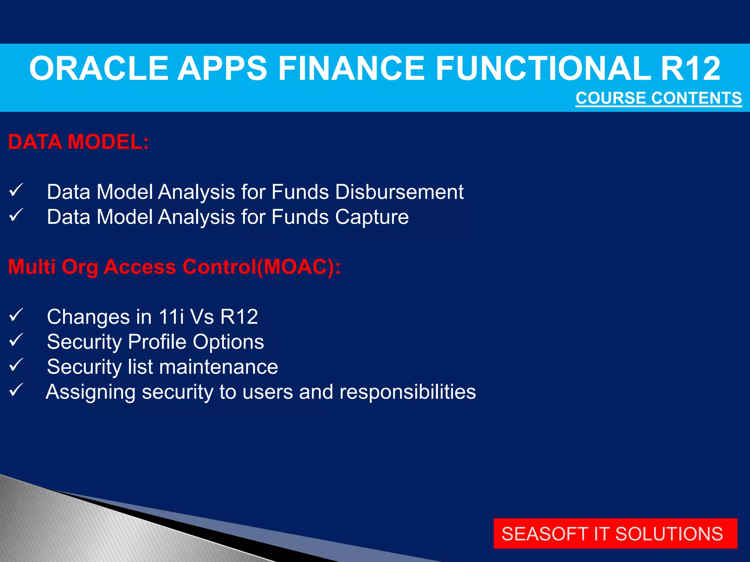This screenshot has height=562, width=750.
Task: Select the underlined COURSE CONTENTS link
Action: (658, 98)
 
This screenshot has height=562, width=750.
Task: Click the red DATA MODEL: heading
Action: (78, 142)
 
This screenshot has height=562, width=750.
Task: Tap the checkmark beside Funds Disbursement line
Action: (16, 190)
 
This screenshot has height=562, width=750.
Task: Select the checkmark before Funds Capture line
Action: (16, 215)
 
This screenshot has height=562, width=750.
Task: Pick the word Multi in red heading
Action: (32, 266)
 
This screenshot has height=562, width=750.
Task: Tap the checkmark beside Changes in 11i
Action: (16, 315)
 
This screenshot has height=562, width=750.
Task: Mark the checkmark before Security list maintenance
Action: (16, 365)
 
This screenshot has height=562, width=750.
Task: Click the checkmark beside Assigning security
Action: (16, 390)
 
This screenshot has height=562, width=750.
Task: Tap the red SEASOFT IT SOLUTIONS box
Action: (615, 533)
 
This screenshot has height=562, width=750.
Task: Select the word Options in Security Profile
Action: (228, 342)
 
